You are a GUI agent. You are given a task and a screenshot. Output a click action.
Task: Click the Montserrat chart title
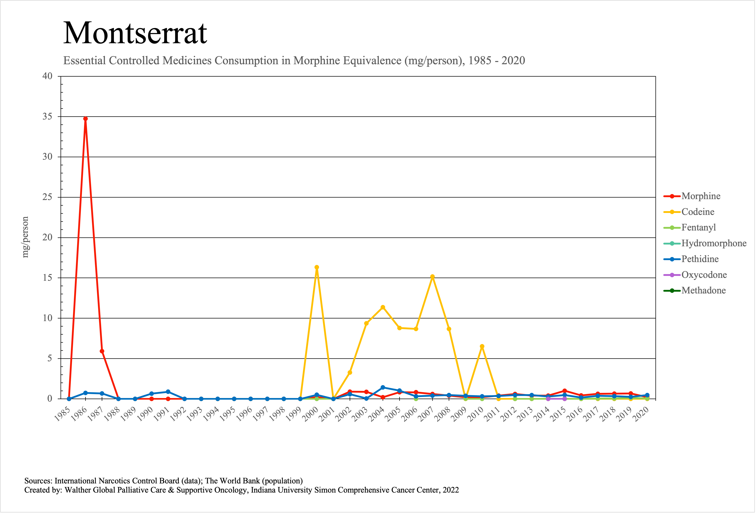135,33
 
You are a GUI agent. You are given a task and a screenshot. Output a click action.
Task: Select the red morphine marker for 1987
102,351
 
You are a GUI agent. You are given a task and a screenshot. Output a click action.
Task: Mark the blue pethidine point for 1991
168,392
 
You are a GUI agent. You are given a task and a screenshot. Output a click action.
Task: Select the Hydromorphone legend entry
714,243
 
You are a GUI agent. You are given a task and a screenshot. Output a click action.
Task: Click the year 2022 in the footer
451,490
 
